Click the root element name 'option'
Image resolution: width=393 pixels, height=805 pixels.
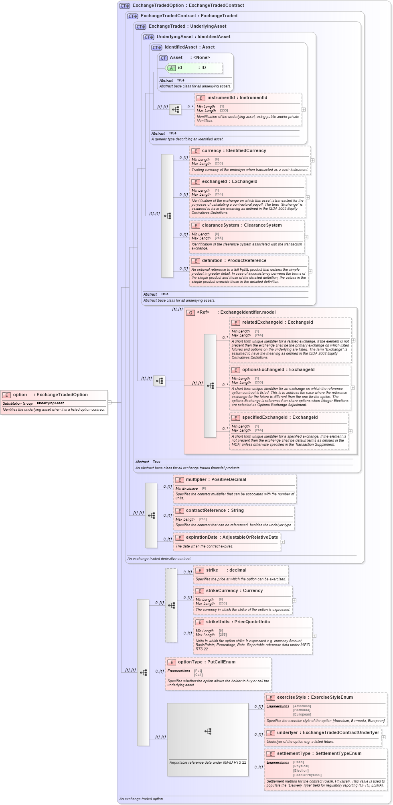click(20, 395)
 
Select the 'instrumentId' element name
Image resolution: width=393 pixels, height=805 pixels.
click(221, 97)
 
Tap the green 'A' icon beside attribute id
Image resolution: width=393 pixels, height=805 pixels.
click(171, 68)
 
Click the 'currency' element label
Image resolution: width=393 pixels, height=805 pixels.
click(211, 151)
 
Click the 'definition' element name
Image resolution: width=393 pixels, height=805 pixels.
click(213, 261)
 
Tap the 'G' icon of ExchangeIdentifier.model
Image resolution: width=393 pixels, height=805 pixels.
click(190, 312)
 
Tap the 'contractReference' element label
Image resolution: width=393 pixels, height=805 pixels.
click(206, 511)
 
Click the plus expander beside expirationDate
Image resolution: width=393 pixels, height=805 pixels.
click(283, 541)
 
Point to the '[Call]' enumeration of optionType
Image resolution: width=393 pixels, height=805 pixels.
click(198, 675)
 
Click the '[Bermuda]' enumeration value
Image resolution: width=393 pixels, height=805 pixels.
click(302, 710)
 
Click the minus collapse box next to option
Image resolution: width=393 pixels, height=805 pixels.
click(109, 402)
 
